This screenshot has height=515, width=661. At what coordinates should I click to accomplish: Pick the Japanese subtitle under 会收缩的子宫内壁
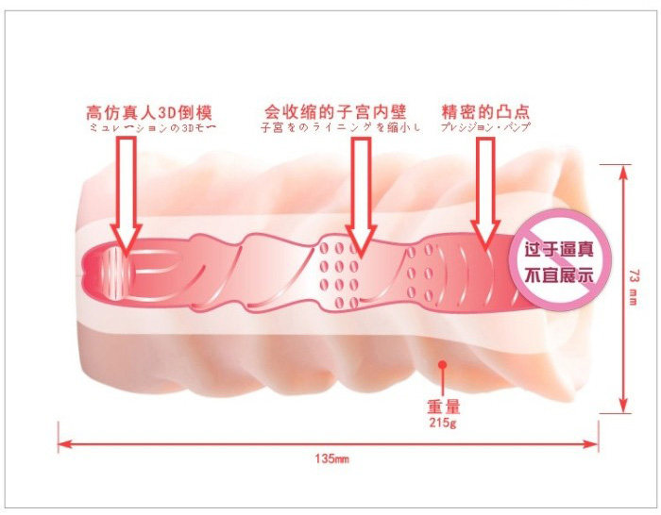pos(338,126)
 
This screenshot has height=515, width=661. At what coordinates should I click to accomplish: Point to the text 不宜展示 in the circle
pos(558,276)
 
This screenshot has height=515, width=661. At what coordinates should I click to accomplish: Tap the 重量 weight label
pos(443,408)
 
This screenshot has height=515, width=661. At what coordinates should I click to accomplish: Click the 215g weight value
pos(442,424)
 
